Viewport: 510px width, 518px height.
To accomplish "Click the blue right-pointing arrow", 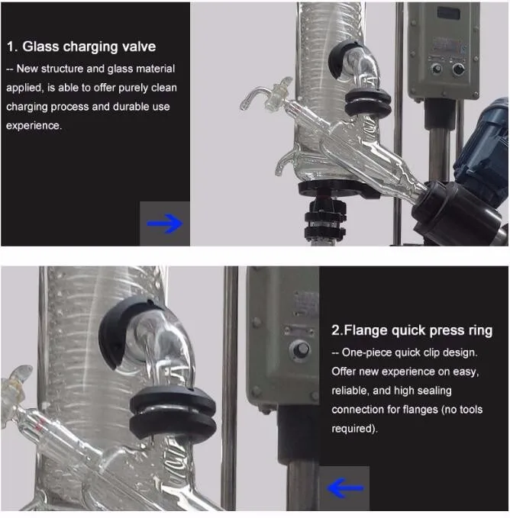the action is [165, 224].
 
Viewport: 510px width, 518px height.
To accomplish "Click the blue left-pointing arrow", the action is [345, 487].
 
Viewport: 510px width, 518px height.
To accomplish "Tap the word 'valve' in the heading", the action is [139, 47].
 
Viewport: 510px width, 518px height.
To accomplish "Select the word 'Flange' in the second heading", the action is [366, 330].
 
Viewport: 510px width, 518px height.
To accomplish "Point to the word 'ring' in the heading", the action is [480, 330].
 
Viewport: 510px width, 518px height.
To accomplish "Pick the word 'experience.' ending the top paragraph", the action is [34, 126].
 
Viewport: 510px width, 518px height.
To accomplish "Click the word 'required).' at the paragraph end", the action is [355, 429].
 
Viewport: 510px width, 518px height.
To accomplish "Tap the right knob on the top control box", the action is [458, 69].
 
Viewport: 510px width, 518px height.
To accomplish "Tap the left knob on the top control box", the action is [436, 69].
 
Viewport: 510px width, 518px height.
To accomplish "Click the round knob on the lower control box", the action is [300, 349].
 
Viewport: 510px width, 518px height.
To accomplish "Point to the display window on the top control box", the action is [448, 14].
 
